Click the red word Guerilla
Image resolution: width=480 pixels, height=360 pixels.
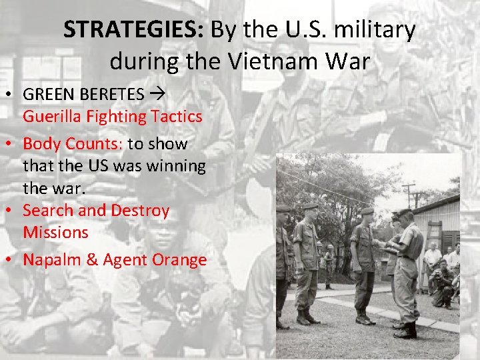pos(53,117)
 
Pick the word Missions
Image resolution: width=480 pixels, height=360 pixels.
pos(55,233)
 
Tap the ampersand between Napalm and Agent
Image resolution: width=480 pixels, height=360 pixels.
pos(91,260)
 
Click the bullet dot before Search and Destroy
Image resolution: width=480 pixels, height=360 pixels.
pos(13,211)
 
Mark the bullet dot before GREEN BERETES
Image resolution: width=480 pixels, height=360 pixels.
pos(13,95)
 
